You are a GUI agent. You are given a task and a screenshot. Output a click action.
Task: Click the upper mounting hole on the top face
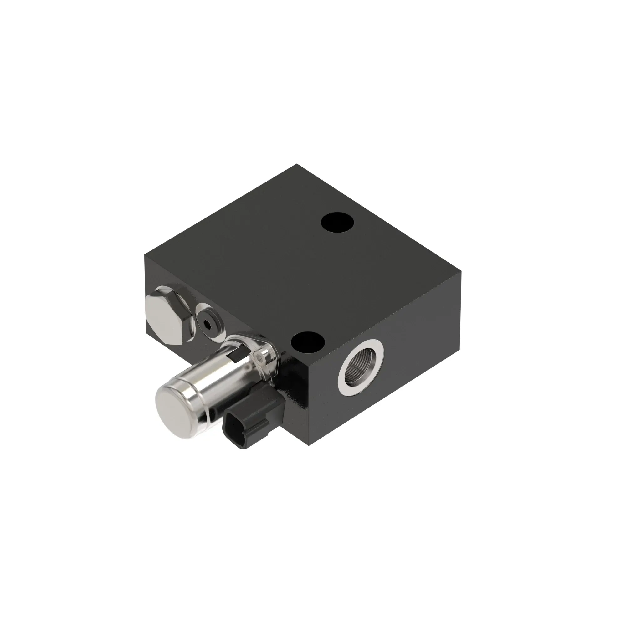[337, 223]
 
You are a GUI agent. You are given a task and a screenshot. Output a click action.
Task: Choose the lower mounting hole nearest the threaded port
[307, 343]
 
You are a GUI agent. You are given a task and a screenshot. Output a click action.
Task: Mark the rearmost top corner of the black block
[296, 165]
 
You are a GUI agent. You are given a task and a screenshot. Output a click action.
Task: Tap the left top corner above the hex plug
[145, 255]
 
